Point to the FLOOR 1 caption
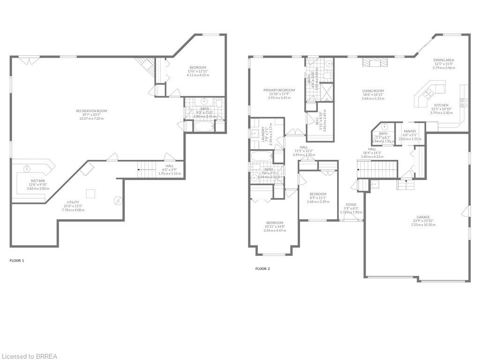[x=17, y=260]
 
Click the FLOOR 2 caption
[x=262, y=269]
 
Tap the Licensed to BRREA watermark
[x=29, y=356]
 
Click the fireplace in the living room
[x=375, y=64]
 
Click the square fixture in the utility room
[x=90, y=193]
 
